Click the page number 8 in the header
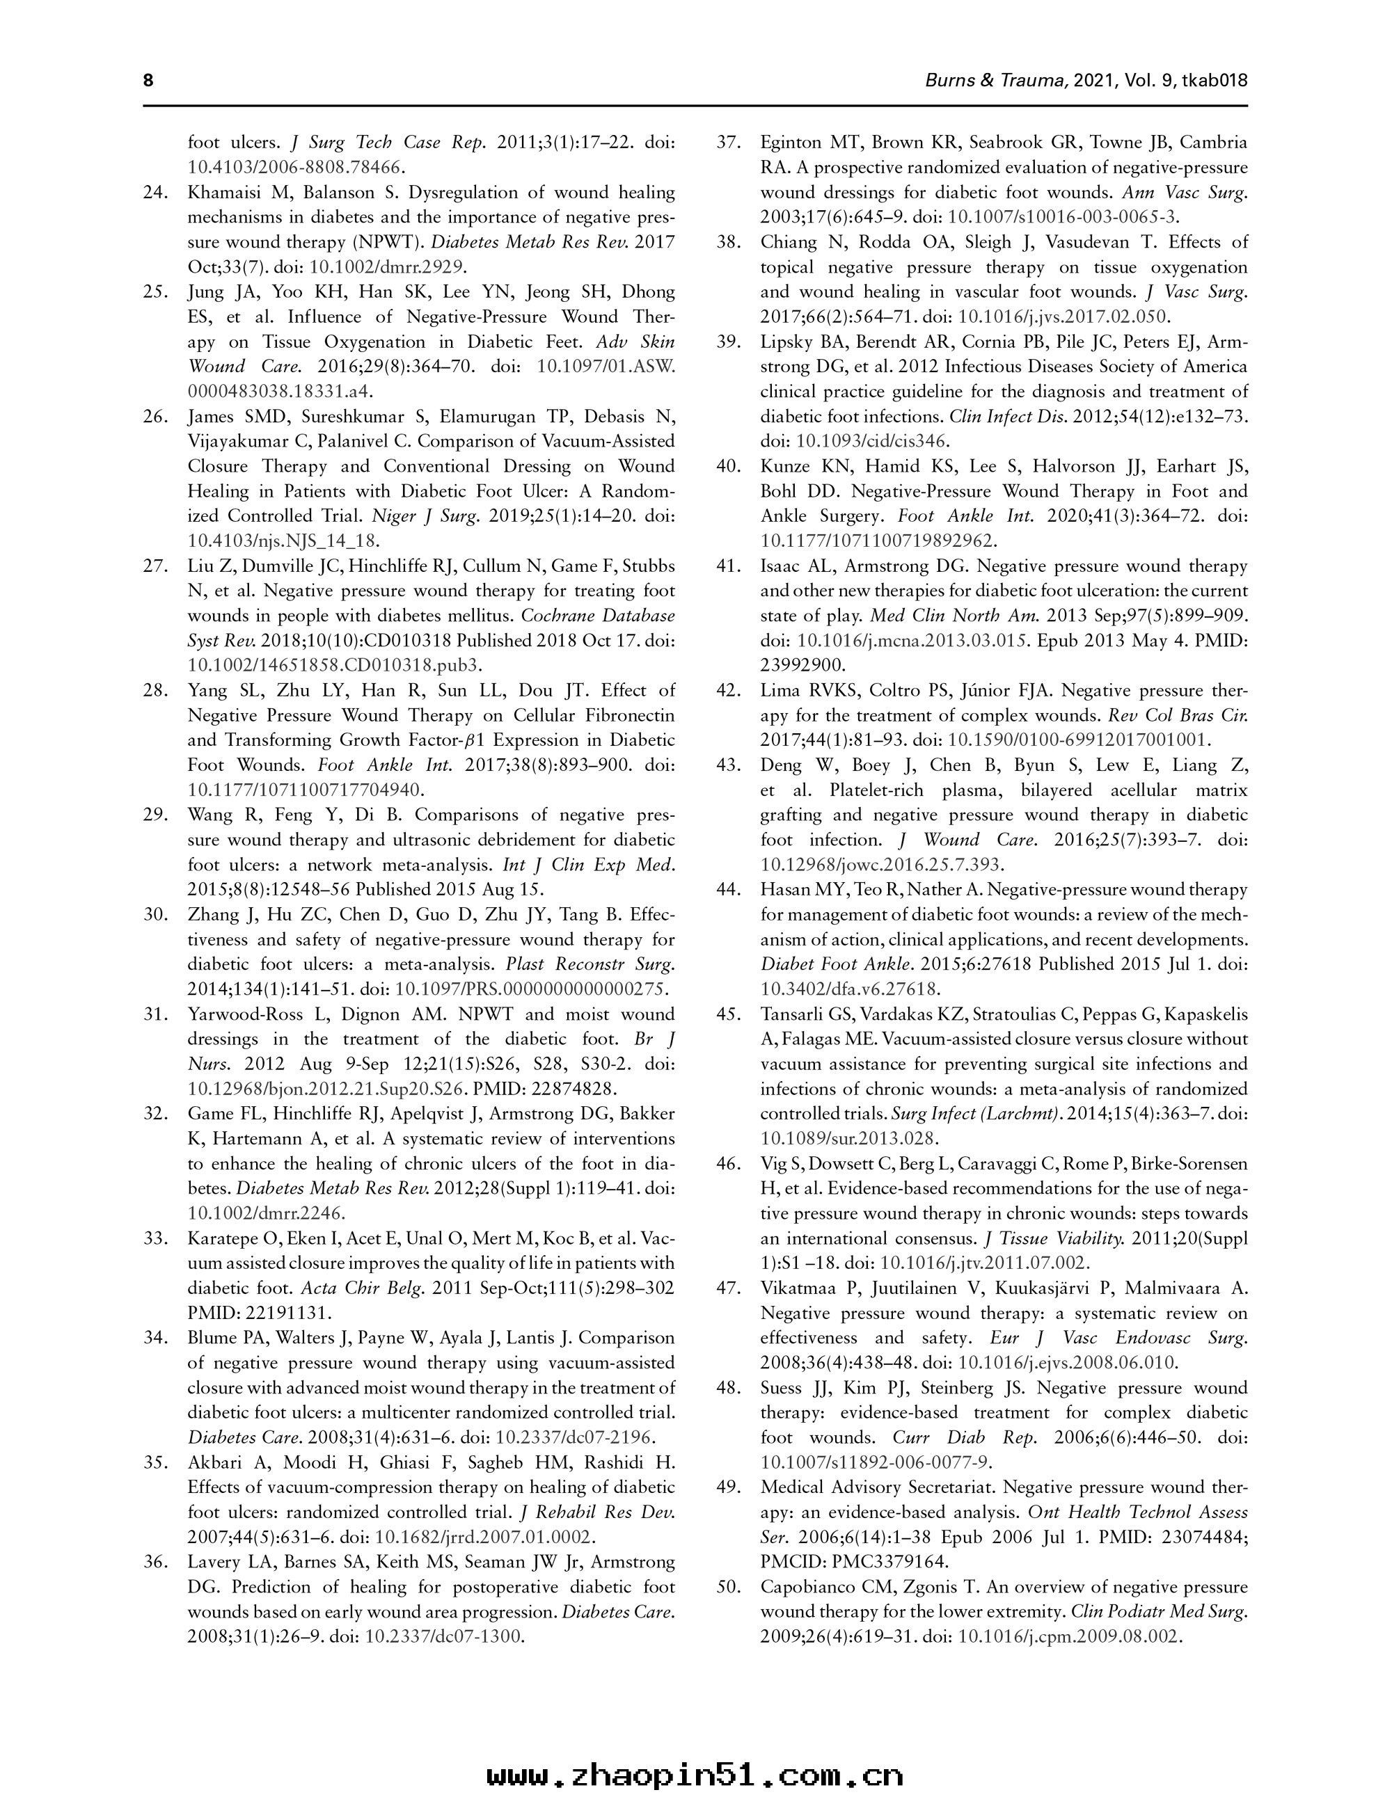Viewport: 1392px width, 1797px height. pos(149,81)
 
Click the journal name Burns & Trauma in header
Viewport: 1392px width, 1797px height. pos(997,81)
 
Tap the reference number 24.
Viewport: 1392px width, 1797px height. pos(156,193)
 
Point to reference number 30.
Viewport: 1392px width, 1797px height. pos(156,914)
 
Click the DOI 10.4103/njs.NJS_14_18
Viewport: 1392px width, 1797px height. pos(283,541)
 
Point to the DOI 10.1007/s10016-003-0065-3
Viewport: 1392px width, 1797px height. pos(1063,217)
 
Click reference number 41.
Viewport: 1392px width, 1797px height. pos(728,566)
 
